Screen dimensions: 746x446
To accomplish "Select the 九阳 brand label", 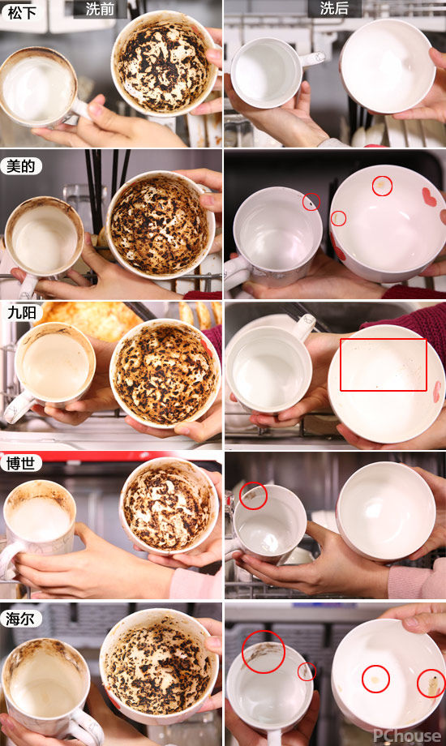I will [x=20, y=311].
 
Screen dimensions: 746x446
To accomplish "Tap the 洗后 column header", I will [x=333, y=9].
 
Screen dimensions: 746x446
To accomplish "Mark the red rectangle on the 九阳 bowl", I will [x=383, y=365].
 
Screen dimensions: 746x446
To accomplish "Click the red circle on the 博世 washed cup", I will [x=252, y=495].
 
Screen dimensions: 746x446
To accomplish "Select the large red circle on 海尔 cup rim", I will [x=263, y=651].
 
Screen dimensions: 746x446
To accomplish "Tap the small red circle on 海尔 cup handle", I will [x=307, y=671].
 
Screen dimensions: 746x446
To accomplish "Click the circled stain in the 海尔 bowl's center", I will [x=375, y=678].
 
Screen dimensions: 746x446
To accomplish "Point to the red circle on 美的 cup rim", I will [x=311, y=201].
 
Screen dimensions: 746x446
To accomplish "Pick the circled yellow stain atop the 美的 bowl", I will [x=382, y=186].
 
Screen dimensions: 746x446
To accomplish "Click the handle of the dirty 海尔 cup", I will [x=82, y=727].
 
